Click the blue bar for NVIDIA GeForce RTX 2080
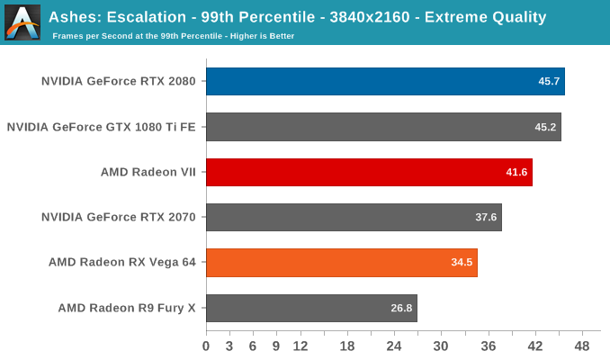(385, 81)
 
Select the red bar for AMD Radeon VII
(369, 172)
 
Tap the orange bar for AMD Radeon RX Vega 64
(341, 263)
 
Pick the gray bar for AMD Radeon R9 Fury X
(311, 308)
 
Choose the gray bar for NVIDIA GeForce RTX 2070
(354, 217)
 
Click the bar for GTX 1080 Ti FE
(383, 127)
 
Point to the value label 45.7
(549, 81)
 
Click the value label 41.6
(516, 172)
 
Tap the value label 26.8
(401, 308)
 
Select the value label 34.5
(462, 263)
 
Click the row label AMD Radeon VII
(148, 172)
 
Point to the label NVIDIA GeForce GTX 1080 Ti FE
(101, 127)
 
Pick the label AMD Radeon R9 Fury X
(127, 308)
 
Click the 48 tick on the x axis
(582, 346)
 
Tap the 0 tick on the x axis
(206, 346)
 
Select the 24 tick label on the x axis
(394, 346)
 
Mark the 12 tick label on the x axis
(300, 346)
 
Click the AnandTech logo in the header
(22, 22)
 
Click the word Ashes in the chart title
(75, 16)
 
